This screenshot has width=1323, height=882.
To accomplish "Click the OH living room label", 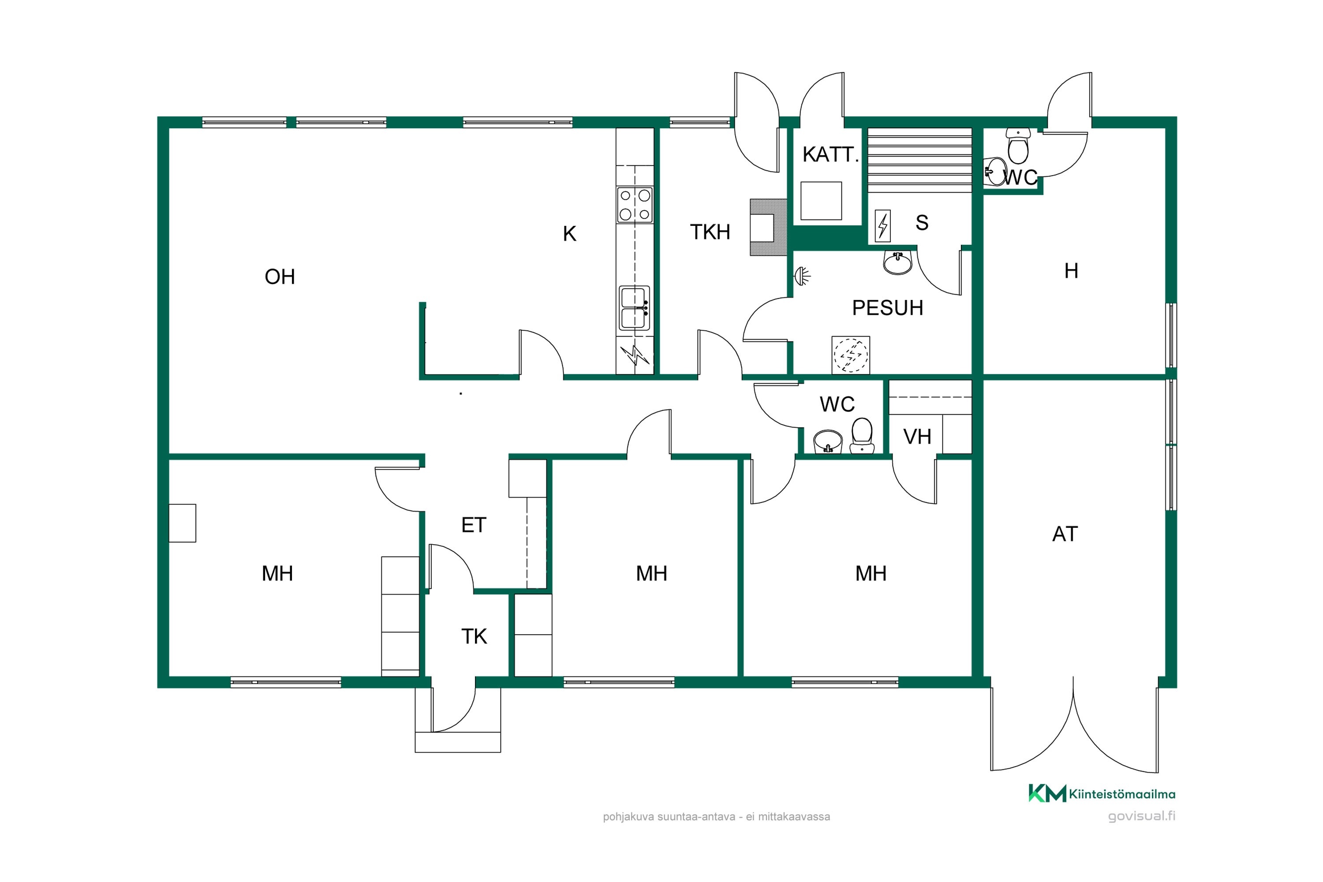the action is point(280,277).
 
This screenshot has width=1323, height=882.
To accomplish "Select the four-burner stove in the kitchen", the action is point(635,205).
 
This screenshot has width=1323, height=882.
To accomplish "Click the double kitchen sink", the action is point(635,308).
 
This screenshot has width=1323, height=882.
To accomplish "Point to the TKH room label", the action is point(710,232).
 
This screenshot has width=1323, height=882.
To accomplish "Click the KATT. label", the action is point(830,154).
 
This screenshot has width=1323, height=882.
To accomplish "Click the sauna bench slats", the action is point(919,161).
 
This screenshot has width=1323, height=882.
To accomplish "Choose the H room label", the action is point(1072,271).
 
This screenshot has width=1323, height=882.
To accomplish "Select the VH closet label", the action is point(917,437).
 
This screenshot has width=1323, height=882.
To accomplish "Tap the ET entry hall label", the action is point(474,525).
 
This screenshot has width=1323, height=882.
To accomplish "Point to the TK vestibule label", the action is point(474,636).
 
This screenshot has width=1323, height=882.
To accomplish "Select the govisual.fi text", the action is point(1141,816).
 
